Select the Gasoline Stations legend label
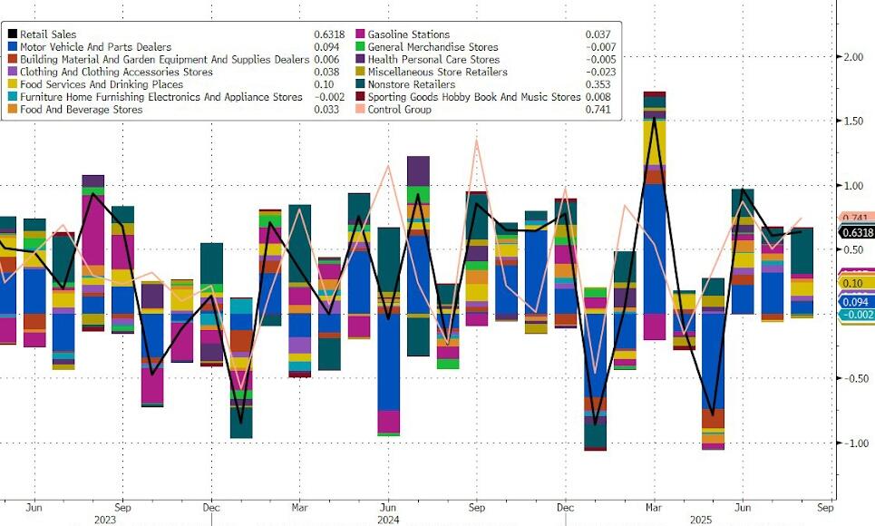tap(414, 34)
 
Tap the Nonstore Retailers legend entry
tap(411, 84)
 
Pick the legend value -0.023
tap(599, 72)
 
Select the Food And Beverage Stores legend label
tap(82, 110)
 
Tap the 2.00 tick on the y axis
tap(853, 56)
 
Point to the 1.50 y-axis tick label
tap(853, 121)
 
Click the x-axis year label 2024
tap(388, 520)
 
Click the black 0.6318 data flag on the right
tap(856, 231)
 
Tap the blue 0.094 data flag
tap(856, 302)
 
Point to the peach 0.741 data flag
tap(856, 219)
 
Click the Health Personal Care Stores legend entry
tap(433, 59)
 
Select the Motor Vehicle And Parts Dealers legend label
tap(90, 47)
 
